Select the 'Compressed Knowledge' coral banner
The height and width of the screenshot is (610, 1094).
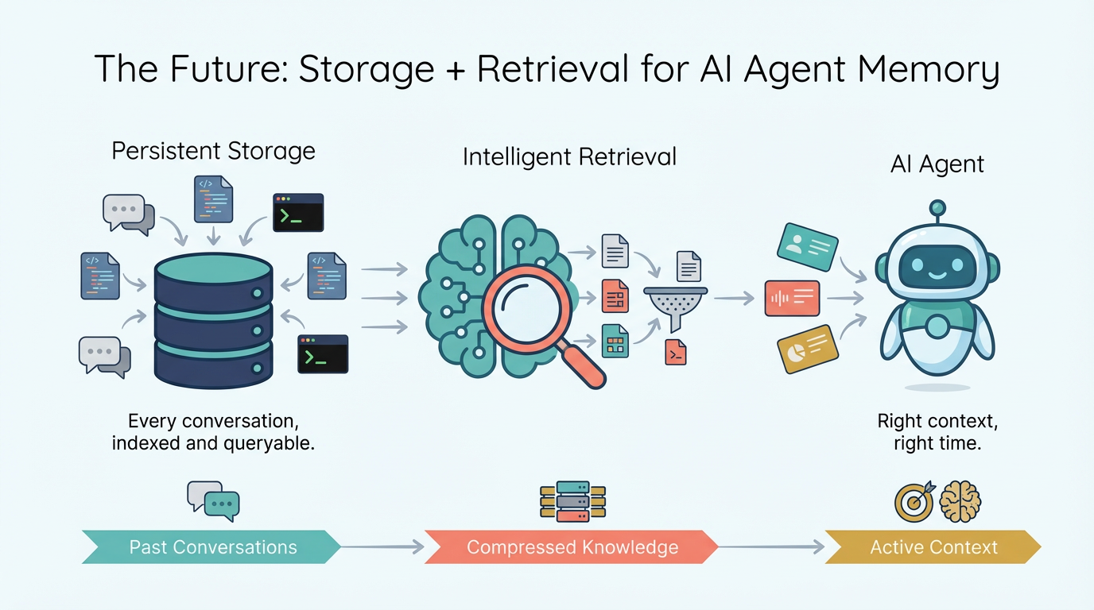click(x=572, y=547)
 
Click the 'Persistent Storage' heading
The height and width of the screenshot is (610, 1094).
click(x=213, y=151)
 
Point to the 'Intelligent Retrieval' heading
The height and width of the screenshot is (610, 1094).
click(x=569, y=156)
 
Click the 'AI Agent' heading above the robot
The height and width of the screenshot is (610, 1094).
click(x=937, y=164)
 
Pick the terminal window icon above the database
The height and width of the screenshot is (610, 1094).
click(x=298, y=212)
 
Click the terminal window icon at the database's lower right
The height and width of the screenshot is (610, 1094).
click(x=323, y=353)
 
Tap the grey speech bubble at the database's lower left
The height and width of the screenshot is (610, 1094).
click(x=104, y=356)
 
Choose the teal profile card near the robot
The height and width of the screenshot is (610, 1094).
click(x=807, y=246)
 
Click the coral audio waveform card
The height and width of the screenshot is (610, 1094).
click(x=792, y=299)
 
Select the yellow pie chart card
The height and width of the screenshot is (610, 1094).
click(x=807, y=349)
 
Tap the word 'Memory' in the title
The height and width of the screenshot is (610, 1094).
click(x=923, y=70)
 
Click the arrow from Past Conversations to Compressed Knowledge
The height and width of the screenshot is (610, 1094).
click(x=382, y=546)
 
